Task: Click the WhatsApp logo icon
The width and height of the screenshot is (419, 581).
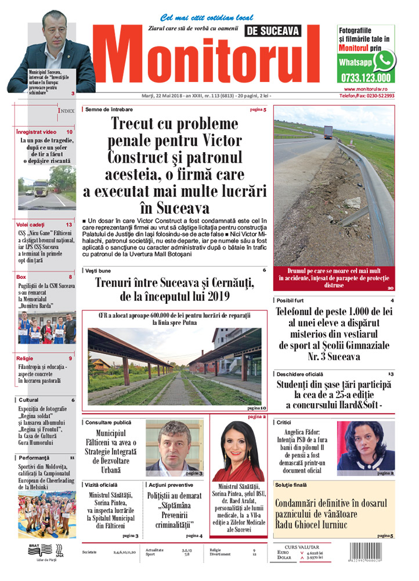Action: tap(384, 60)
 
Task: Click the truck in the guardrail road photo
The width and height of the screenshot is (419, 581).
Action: tap(327, 132)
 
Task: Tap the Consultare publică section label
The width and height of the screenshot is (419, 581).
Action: tap(108, 422)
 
